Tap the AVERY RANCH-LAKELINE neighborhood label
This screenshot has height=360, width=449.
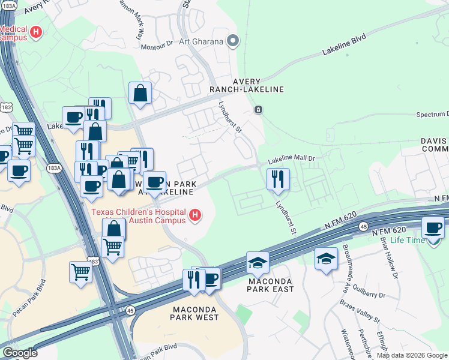coord(258,85)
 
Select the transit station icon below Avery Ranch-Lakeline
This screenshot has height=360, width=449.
coord(258,110)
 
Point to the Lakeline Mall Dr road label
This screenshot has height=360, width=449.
coord(291,158)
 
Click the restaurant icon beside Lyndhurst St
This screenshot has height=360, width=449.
coord(278,179)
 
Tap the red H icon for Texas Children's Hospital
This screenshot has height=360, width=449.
coord(194,215)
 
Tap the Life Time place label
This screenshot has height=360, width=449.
coord(408,240)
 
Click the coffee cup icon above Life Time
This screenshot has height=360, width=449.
coord(433,228)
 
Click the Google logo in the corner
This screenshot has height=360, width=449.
coord(20,353)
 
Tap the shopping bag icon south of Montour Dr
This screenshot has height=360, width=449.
coord(140,94)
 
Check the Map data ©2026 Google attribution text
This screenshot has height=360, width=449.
coord(412,355)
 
